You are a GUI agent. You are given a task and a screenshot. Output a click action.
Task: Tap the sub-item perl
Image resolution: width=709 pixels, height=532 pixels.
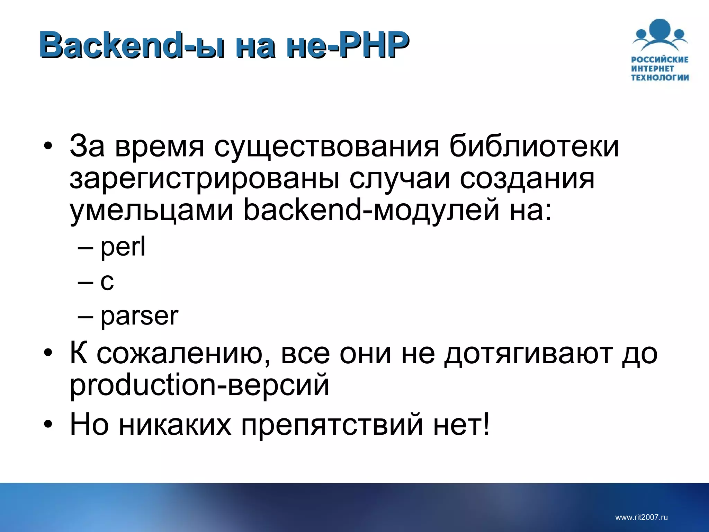coord(123,247)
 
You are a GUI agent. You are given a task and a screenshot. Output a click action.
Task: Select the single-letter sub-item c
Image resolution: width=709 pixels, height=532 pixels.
coord(107,281)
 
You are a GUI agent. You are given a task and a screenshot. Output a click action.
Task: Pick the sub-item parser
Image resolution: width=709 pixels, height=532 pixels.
coord(139,316)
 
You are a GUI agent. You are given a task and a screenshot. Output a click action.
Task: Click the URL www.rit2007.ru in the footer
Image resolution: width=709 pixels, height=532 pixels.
coord(641,517)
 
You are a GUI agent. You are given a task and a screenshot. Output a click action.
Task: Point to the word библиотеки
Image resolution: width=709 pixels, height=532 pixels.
coord(534,146)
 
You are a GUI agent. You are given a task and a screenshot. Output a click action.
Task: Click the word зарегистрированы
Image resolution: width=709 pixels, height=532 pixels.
coord(204,179)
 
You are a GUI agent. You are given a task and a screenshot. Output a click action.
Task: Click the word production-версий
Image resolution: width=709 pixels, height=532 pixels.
coord(199,386)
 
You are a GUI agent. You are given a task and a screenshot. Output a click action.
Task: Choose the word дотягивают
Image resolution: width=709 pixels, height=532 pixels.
coord(528,354)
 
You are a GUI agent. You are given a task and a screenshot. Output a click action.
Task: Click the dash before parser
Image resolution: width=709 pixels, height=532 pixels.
coord(86,317)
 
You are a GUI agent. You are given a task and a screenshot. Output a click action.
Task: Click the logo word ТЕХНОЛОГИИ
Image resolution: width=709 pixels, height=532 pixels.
coord(660,78)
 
